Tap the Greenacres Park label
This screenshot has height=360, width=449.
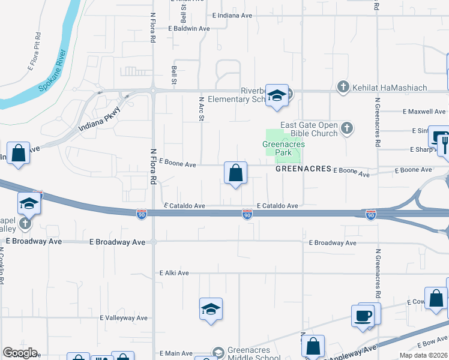click(284, 148)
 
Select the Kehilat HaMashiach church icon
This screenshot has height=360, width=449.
click(343, 88)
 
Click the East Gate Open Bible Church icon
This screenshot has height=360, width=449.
click(346, 127)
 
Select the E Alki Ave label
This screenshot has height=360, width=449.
click(174, 273)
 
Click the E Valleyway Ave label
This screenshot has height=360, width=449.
click(124, 317)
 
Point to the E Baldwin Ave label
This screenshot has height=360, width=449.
click(189, 28)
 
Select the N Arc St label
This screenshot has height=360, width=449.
click(202, 108)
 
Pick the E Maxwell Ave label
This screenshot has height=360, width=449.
click(424, 112)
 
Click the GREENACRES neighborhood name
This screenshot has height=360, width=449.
click(303, 169)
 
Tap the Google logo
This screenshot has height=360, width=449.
click(20, 353)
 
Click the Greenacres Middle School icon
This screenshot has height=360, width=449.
click(218, 352)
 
